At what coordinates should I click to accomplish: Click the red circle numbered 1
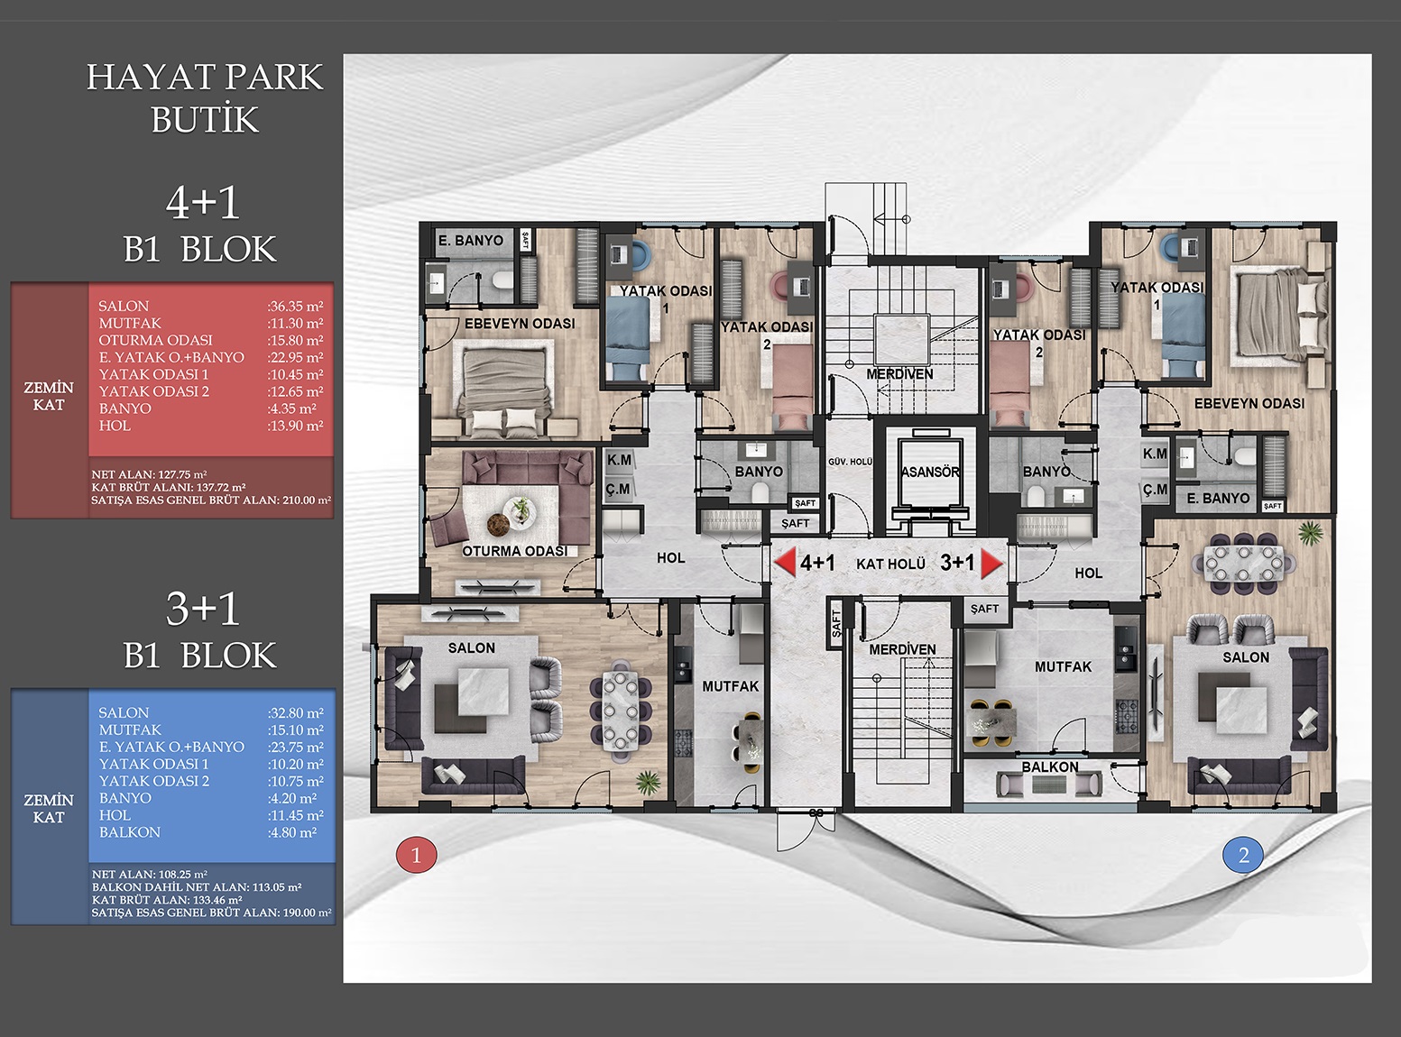pyautogui.click(x=416, y=855)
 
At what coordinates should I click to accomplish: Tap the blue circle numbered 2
pyautogui.click(x=1243, y=855)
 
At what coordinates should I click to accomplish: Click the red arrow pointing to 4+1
pyautogui.click(x=785, y=562)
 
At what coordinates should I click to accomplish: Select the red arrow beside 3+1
pyautogui.click(x=991, y=564)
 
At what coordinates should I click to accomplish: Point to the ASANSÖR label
pyautogui.click(x=930, y=472)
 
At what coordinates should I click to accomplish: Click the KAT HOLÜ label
pyautogui.click(x=890, y=564)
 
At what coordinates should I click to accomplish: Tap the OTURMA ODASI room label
pyautogui.click(x=515, y=551)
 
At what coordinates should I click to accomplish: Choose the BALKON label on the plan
pyautogui.click(x=1050, y=766)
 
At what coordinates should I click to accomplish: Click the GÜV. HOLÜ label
pyautogui.click(x=850, y=462)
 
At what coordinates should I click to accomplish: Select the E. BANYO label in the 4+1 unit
pyautogui.click(x=471, y=241)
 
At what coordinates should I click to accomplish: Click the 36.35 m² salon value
pyautogui.click(x=295, y=307)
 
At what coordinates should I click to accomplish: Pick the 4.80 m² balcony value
pyautogui.click(x=291, y=832)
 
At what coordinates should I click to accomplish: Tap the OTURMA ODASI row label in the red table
pyautogui.click(x=155, y=340)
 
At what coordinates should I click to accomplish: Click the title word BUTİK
pyautogui.click(x=205, y=119)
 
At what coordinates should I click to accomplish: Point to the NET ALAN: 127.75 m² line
pyautogui.click(x=149, y=475)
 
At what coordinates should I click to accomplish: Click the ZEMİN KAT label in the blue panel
pyautogui.click(x=49, y=808)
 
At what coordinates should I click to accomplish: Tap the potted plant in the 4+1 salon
pyautogui.click(x=646, y=783)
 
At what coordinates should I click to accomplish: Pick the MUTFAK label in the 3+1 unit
pyautogui.click(x=1063, y=666)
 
